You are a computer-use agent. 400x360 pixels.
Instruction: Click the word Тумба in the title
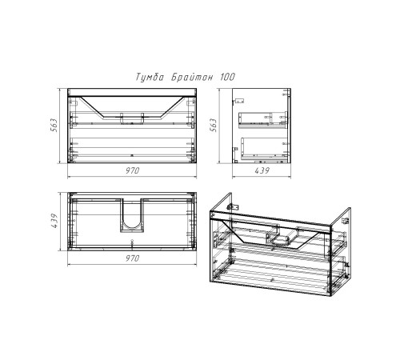(x=150, y=78)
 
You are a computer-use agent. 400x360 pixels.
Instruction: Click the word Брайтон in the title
(x=192, y=78)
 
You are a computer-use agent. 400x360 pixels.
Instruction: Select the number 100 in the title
(x=227, y=77)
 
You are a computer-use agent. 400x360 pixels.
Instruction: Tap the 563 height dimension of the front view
(x=54, y=125)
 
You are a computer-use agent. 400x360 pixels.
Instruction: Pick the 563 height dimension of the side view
(x=214, y=125)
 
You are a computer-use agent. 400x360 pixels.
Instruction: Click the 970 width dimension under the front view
(x=133, y=170)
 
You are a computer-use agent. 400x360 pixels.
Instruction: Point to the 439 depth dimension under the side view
(x=262, y=170)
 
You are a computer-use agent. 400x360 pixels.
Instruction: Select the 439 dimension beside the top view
(x=54, y=221)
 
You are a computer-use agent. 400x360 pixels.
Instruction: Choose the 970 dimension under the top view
(x=133, y=258)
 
